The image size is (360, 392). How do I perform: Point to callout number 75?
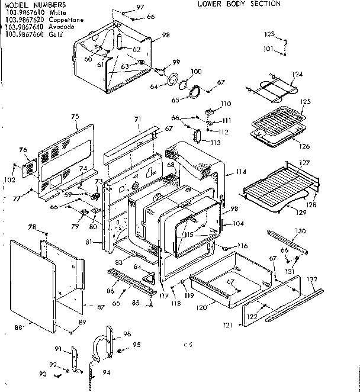tap(75, 116)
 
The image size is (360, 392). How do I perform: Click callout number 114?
tap(240, 172)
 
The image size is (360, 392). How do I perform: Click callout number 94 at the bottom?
tap(107, 373)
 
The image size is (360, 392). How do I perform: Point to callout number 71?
tap(137, 120)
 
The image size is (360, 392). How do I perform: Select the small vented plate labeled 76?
tap(29, 167)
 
